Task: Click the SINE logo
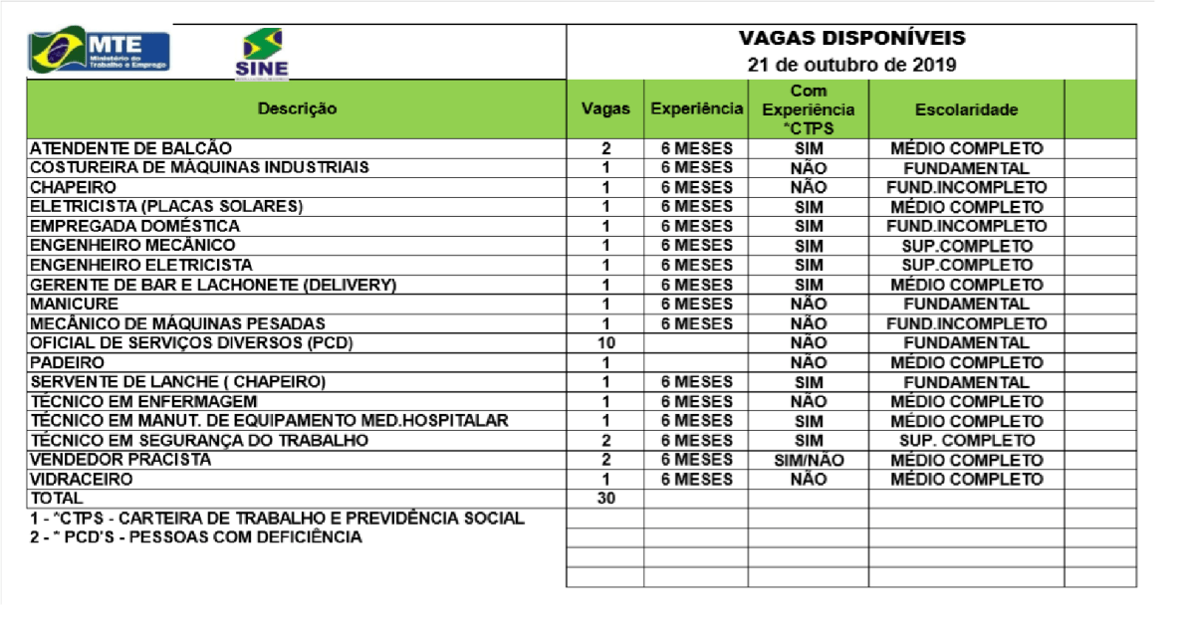point(262,53)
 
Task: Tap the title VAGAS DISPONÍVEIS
point(851,39)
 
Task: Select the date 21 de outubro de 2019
point(851,66)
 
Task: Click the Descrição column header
point(297,108)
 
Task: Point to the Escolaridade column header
point(966,109)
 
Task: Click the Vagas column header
point(605,108)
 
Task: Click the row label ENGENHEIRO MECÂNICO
point(132,245)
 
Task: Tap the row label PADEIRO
point(66,362)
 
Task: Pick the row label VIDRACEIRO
point(80,479)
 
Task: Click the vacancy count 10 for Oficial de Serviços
point(605,342)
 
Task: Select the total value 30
point(605,499)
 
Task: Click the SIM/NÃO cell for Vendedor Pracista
point(808,460)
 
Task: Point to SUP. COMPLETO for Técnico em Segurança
point(966,440)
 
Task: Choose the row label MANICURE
point(74,304)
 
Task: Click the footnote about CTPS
point(277,519)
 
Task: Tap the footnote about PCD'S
point(196,537)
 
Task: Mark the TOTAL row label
point(57,498)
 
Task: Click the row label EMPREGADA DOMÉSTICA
point(134,226)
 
